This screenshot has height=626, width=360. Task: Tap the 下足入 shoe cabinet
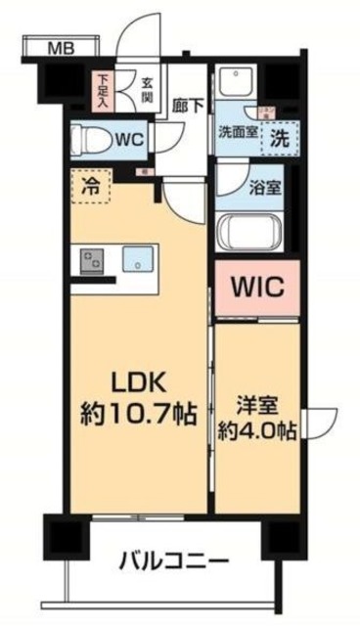(x=101, y=89)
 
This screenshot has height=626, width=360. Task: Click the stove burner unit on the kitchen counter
(x=93, y=260)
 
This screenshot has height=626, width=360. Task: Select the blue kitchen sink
(x=136, y=259)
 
